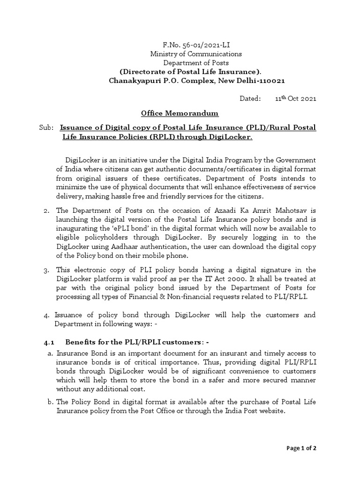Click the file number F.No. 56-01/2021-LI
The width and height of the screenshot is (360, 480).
click(x=190, y=45)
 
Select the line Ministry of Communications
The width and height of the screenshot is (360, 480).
click(x=190, y=54)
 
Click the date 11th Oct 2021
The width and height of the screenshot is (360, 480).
click(x=295, y=98)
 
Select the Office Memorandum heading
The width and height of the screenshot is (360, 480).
click(x=173, y=114)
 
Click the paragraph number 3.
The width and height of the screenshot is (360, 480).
click(x=46, y=270)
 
